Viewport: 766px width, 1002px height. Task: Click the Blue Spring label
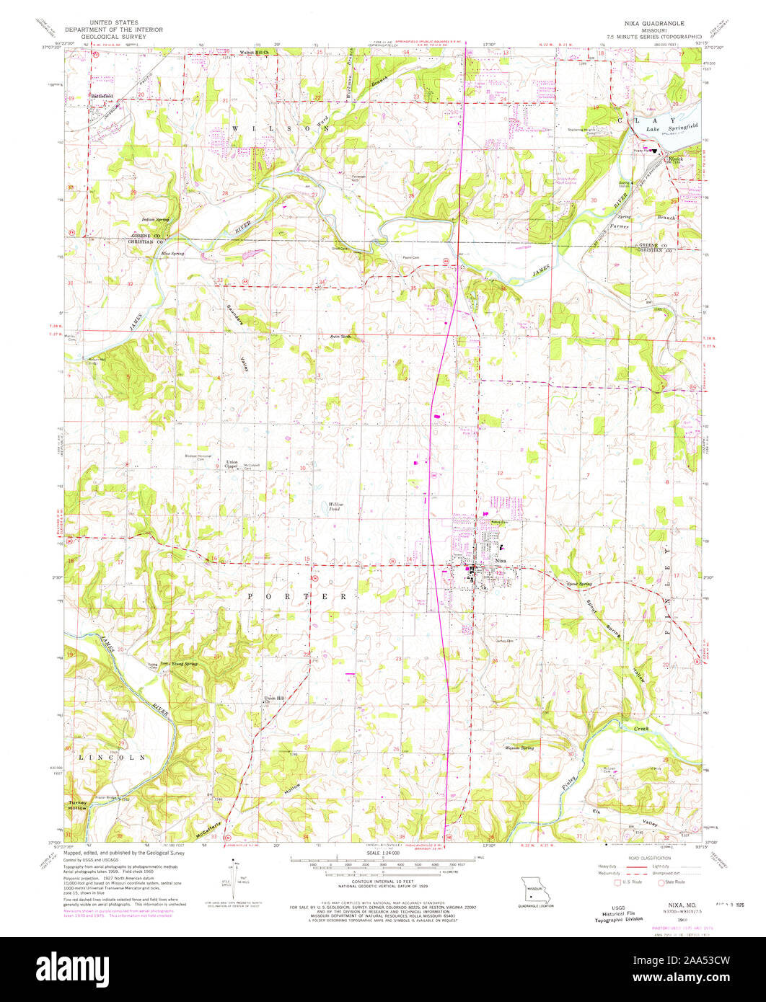172,254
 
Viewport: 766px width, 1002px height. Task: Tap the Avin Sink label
340,337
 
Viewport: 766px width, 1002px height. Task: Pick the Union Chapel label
232,464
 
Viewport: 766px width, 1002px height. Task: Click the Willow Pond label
336,507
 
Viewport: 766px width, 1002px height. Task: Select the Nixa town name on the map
502,560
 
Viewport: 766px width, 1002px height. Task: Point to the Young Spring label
183,663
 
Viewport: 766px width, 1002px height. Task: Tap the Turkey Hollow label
78,805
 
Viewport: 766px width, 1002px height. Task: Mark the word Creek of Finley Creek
641,730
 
